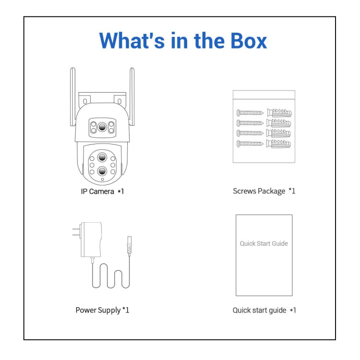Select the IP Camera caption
point(102,191)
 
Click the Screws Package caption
point(264,191)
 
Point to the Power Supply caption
point(102,310)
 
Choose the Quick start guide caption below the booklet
point(264,310)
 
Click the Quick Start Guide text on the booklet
point(264,243)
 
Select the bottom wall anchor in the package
point(279,144)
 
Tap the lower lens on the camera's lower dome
point(102,171)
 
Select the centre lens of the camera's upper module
point(102,128)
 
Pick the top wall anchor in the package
point(279,113)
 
